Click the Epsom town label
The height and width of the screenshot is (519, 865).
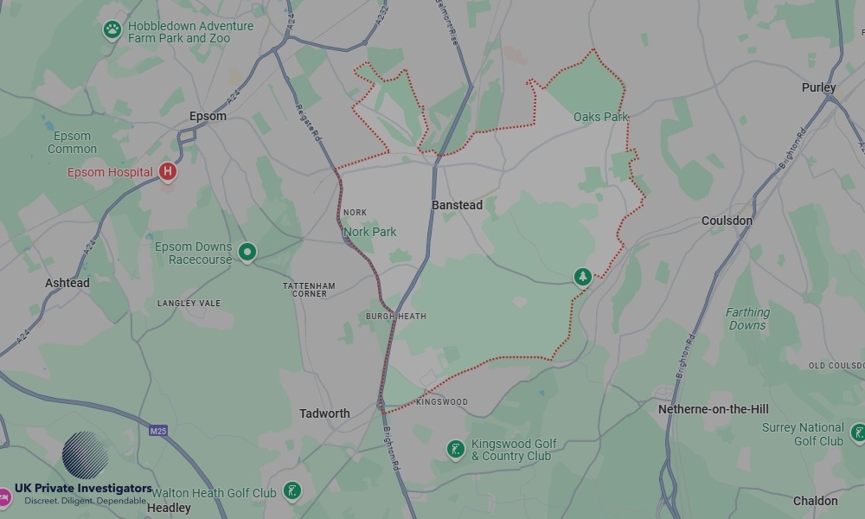pyautogui.click(x=208, y=116)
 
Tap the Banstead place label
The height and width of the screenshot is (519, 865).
pyautogui.click(x=457, y=205)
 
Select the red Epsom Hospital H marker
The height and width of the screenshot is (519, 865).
pyautogui.click(x=168, y=171)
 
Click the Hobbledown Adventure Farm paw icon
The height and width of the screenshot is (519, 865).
pyautogui.click(x=112, y=31)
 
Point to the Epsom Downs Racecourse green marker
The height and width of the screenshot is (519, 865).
pyautogui.click(x=247, y=253)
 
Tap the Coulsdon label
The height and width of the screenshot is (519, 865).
pyautogui.click(x=727, y=221)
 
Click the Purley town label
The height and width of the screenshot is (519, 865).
pyautogui.click(x=818, y=87)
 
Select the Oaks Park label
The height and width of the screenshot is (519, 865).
pyautogui.click(x=600, y=117)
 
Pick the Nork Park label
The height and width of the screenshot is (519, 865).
pyautogui.click(x=369, y=232)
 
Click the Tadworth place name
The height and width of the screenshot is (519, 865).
pyautogui.click(x=324, y=413)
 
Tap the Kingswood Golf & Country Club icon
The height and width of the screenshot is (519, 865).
pyautogui.click(x=455, y=449)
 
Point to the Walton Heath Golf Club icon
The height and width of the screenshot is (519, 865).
pyautogui.click(x=293, y=492)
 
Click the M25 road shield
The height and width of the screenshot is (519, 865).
pyautogui.click(x=157, y=431)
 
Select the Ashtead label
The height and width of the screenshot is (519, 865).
pyautogui.click(x=67, y=283)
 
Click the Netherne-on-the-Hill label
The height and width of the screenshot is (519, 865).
pyautogui.click(x=713, y=409)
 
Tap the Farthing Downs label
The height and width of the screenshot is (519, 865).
pyautogui.click(x=747, y=318)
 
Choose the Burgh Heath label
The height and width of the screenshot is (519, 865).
pyautogui.click(x=396, y=317)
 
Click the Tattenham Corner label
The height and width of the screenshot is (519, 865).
pyautogui.click(x=309, y=290)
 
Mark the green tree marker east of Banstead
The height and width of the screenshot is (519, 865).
pyautogui.click(x=583, y=277)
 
